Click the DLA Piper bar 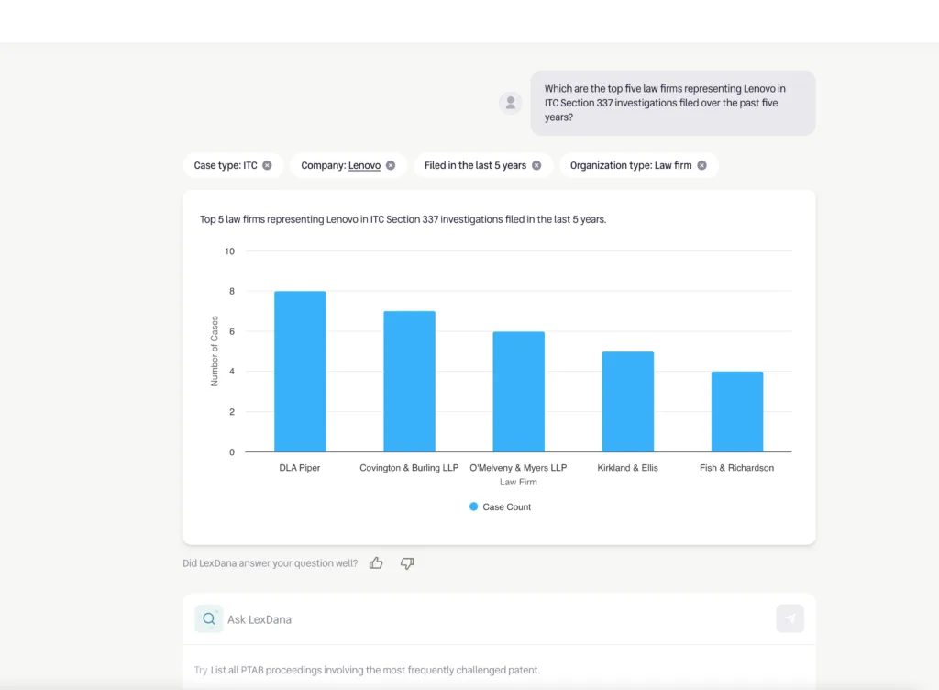(x=300, y=372)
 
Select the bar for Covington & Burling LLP (x=409, y=382)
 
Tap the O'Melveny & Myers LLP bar (x=518, y=392)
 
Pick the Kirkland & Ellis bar (x=627, y=402)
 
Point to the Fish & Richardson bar (x=736, y=412)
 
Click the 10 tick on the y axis (x=229, y=251)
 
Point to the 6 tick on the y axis (x=231, y=331)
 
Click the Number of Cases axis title (x=215, y=351)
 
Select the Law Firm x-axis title (x=518, y=482)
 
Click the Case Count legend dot (x=473, y=506)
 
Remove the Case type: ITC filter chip (x=267, y=165)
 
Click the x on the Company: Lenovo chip (x=390, y=165)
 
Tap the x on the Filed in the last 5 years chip (x=536, y=165)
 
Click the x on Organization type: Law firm (x=701, y=165)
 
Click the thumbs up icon (x=376, y=563)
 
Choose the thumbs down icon (x=407, y=563)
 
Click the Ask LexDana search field (x=495, y=619)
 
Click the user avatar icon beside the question (x=511, y=103)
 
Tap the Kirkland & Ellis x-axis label (x=627, y=468)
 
